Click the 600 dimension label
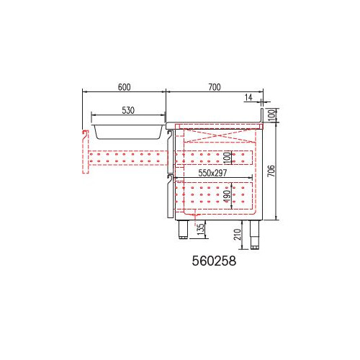click(125, 87)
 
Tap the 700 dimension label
click(215, 87)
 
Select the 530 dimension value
click(128, 110)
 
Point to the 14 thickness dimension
click(248, 97)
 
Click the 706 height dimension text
click(271, 171)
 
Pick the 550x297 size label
click(212, 173)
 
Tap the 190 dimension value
click(228, 196)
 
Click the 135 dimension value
click(201, 229)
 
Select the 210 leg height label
click(238, 235)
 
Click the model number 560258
click(214, 261)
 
